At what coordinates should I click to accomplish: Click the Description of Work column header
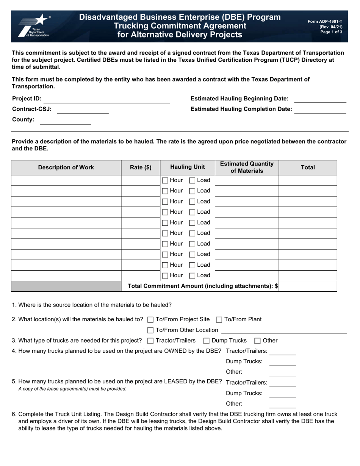[x=66, y=167]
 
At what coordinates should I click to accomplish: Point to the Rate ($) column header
[x=141, y=167]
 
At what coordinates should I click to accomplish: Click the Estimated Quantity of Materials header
[x=247, y=167]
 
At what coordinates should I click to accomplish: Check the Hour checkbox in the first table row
[x=165, y=180]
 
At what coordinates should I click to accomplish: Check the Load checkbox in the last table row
[x=192, y=276]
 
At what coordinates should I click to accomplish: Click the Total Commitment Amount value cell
[x=308, y=286]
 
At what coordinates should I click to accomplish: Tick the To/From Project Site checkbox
[x=150, y=319]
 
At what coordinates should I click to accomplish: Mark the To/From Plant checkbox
[x=219, y=319]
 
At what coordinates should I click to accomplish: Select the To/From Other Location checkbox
[x=150, y=330]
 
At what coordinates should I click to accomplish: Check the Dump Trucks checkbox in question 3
[x=207, y=341]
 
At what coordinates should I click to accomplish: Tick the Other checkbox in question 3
[x=257, y=341]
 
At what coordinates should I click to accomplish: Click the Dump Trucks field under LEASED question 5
[x=282, y=394]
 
